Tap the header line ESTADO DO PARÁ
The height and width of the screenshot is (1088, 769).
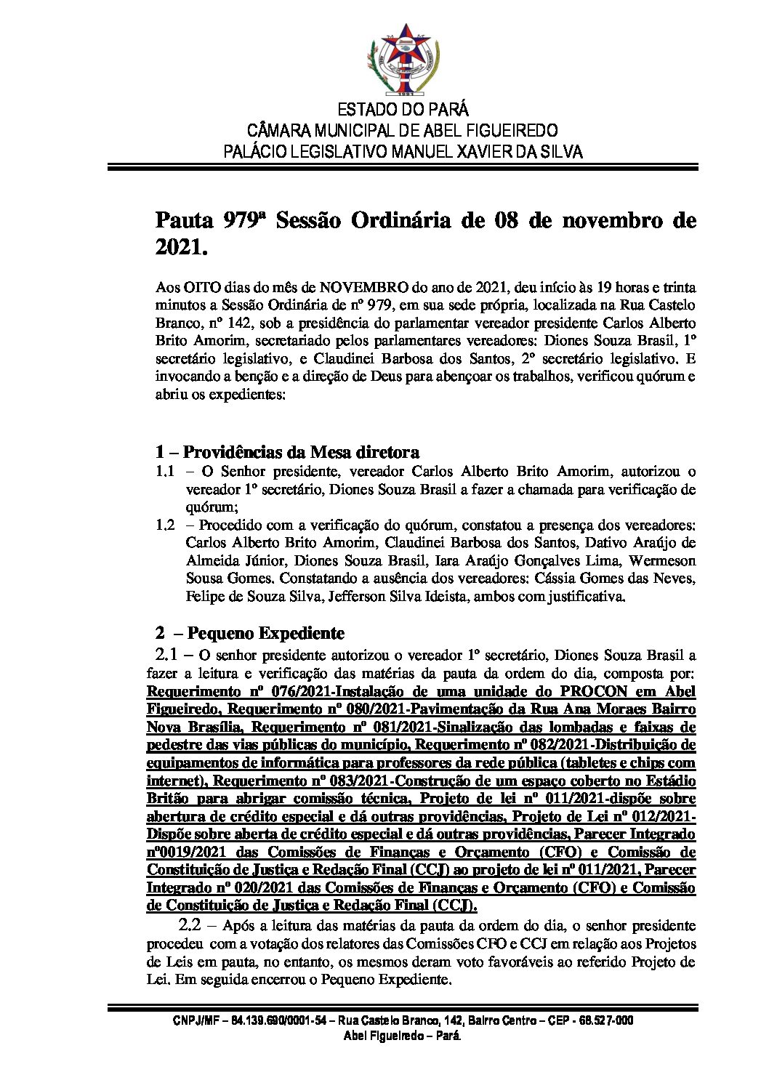tap(403, 110)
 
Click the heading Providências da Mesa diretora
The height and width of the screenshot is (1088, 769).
tap(300, 452)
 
